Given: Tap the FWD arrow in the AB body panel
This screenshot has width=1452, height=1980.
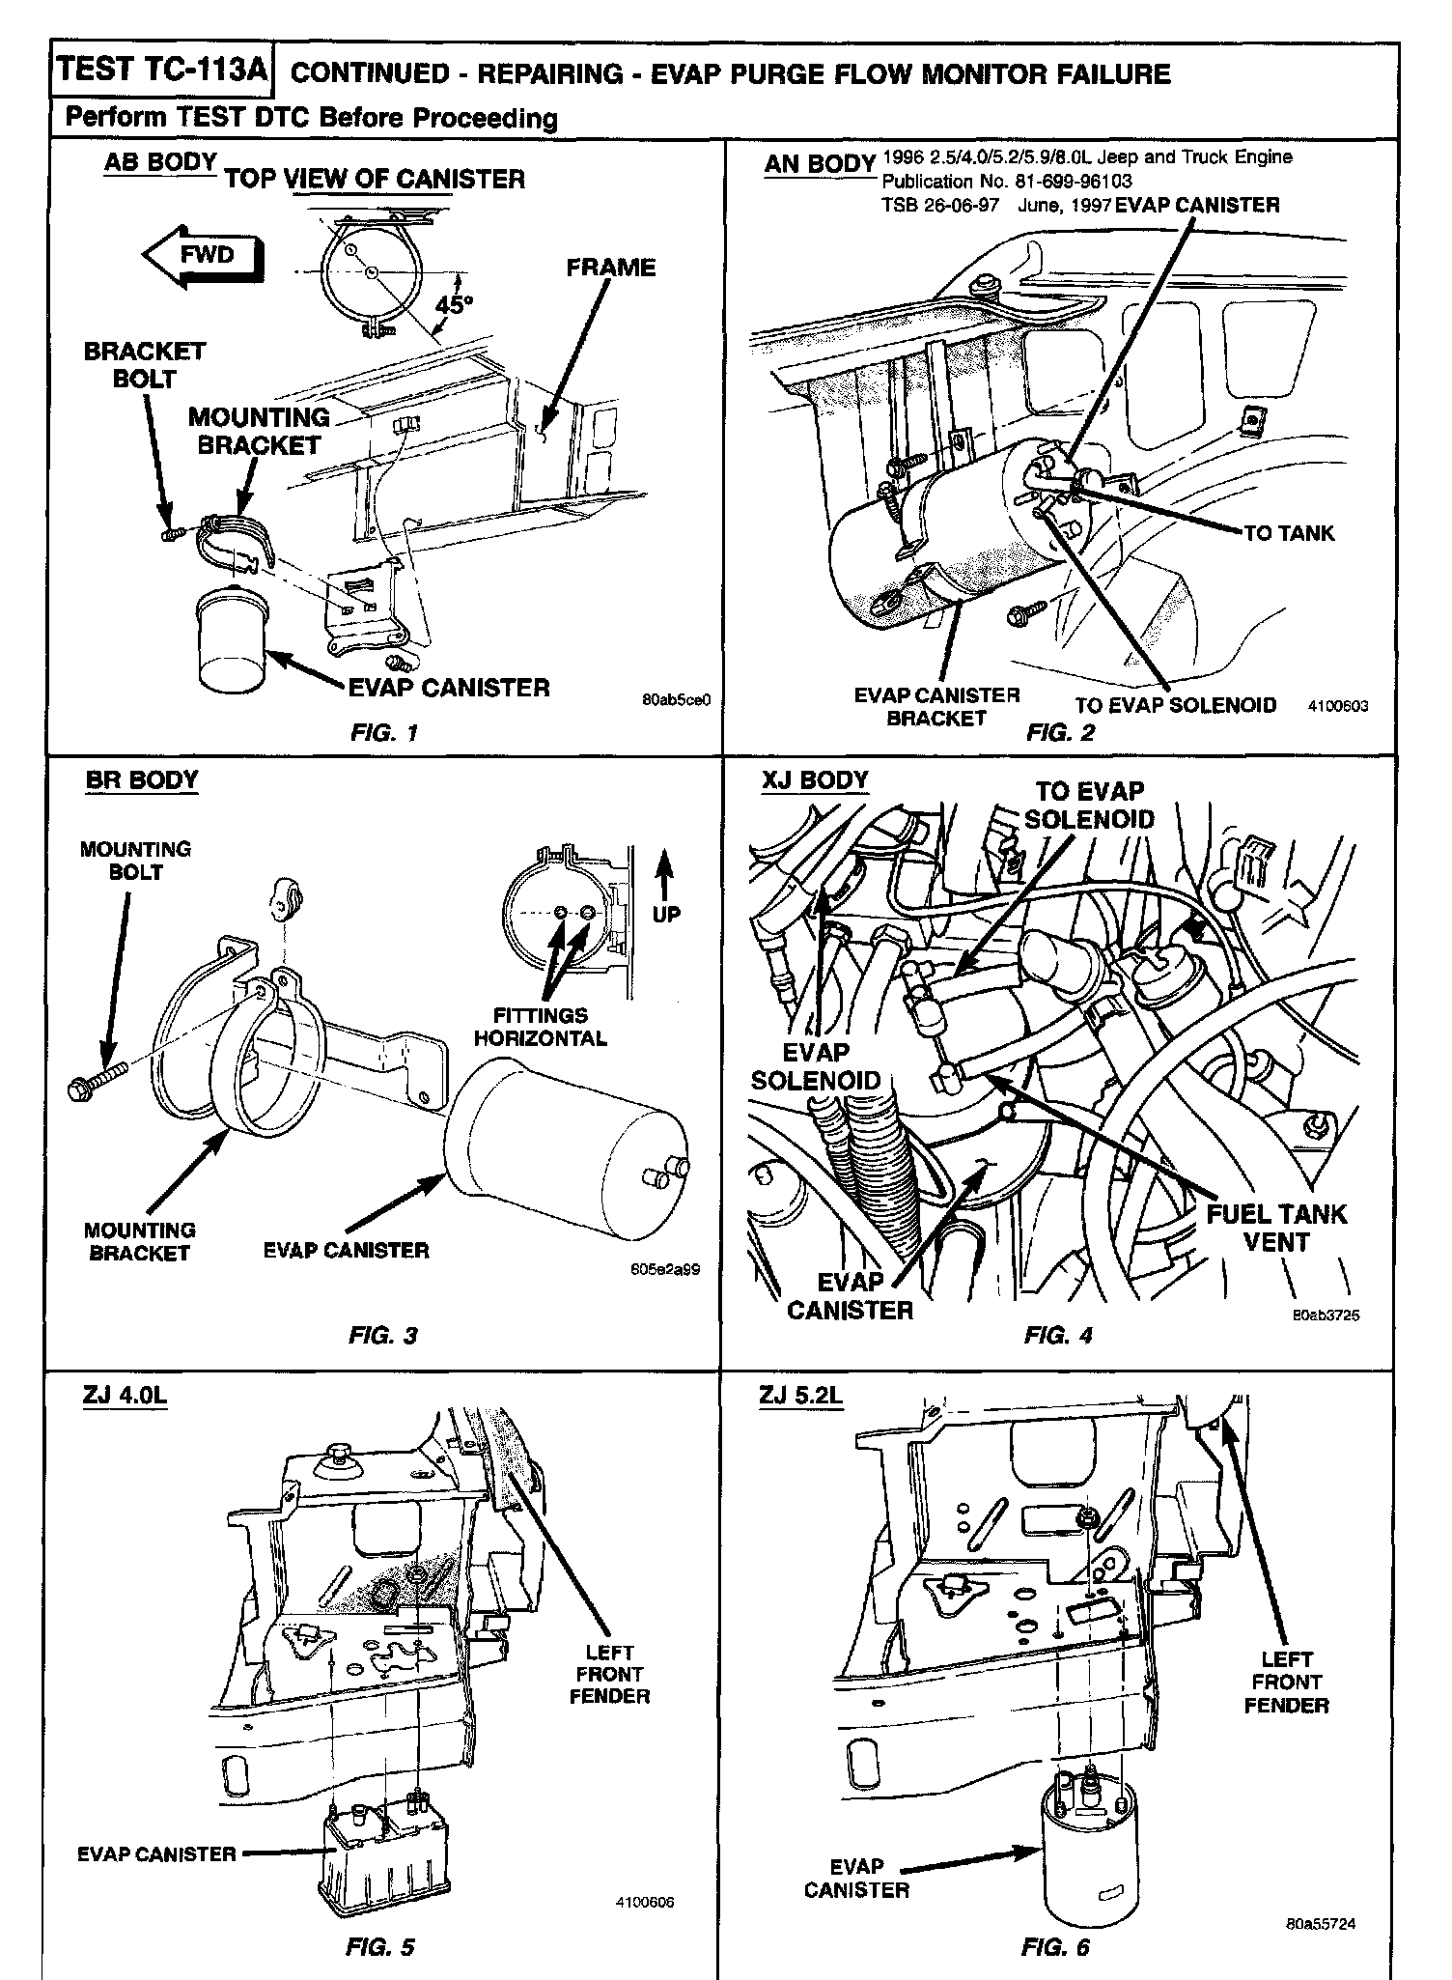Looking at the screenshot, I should coord(203,256).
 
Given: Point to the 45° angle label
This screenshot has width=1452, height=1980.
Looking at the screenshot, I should coord(454,305).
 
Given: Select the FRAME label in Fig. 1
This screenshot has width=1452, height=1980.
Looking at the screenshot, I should coord(610,268).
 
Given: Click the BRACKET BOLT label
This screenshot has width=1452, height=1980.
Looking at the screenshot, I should coord(145,364).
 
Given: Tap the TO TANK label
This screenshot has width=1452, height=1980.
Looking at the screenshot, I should coord(1289,532).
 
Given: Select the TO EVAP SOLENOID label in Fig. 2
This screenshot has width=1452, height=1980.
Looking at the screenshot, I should coord(1175,705).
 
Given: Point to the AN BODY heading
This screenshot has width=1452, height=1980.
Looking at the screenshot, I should coord(820,164).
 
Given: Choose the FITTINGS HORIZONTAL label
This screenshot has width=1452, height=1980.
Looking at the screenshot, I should coord(540,1027).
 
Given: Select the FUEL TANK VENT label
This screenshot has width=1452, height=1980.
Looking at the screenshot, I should coord(1275,1228).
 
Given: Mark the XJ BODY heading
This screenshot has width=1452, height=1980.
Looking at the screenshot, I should coord(815,779).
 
